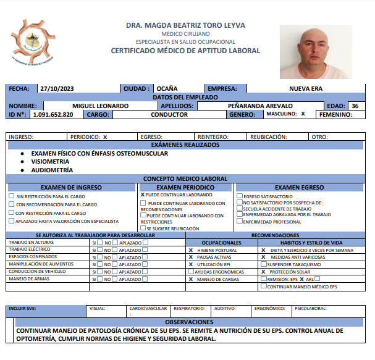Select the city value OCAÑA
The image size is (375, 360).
167,89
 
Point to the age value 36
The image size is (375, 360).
355,106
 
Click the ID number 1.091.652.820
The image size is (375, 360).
53,114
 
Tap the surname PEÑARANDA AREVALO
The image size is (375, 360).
260,106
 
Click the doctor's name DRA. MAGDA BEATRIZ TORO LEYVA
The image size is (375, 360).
186,25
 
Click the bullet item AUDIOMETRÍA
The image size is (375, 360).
52,170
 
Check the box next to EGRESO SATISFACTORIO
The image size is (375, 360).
240,196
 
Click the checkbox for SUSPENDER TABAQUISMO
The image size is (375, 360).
263,264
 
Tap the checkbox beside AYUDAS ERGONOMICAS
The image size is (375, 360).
191,272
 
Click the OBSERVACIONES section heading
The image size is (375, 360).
189,322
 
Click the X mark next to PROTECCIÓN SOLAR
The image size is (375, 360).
263,272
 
